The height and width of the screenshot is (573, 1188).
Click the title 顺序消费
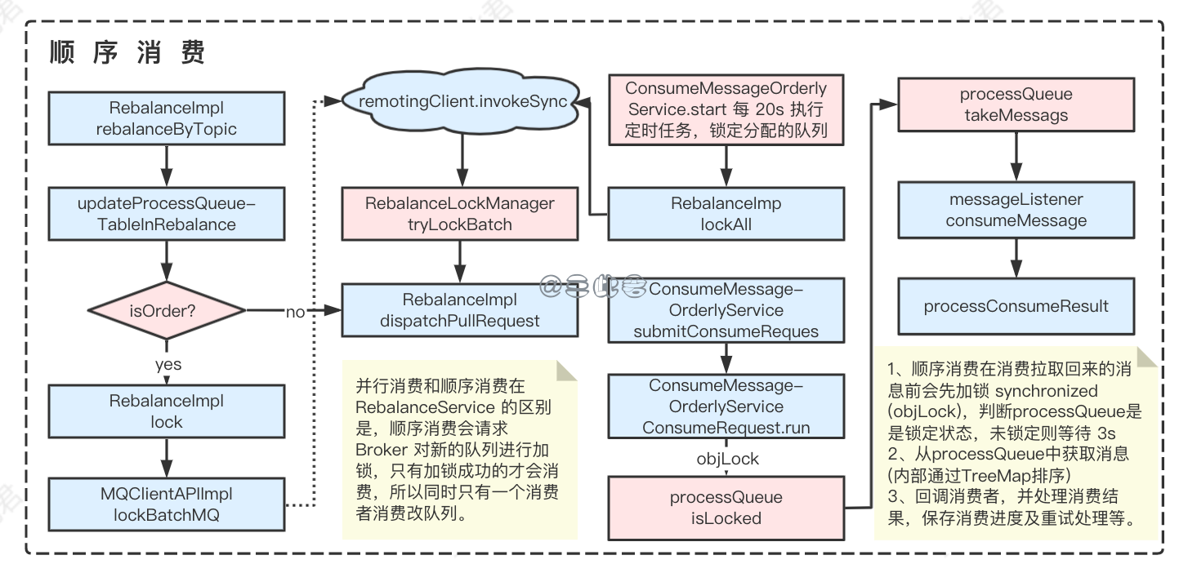[127, 53]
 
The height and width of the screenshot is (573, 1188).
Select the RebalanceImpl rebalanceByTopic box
[167, 119]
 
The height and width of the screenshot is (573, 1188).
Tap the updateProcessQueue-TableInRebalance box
[167, 213]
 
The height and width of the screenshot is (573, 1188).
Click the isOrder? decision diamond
[167, 310]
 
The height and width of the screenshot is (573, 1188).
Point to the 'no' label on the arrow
[295, 312]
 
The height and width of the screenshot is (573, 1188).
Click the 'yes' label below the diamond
[167, 364]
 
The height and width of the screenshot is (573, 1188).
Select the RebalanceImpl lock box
[167, 411]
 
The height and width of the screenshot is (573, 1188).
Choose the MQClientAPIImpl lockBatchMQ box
[167, 504]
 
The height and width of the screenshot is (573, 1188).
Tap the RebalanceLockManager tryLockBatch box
[459, 213]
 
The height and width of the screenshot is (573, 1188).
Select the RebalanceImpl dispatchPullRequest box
[459, 310]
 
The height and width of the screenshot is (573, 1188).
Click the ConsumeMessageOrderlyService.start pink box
[726, 109]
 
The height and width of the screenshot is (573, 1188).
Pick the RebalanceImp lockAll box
[726, 213]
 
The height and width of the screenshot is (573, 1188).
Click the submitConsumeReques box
[726, 310]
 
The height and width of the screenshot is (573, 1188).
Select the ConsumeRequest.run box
[726, 406]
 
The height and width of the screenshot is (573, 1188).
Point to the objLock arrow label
[727, 459]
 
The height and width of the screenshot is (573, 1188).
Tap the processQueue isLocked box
[726, 508]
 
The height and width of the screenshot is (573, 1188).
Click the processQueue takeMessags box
[1016, 104]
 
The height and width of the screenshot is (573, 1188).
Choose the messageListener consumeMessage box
[1016, 210]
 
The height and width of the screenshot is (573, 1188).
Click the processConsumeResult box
[1016, 307]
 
